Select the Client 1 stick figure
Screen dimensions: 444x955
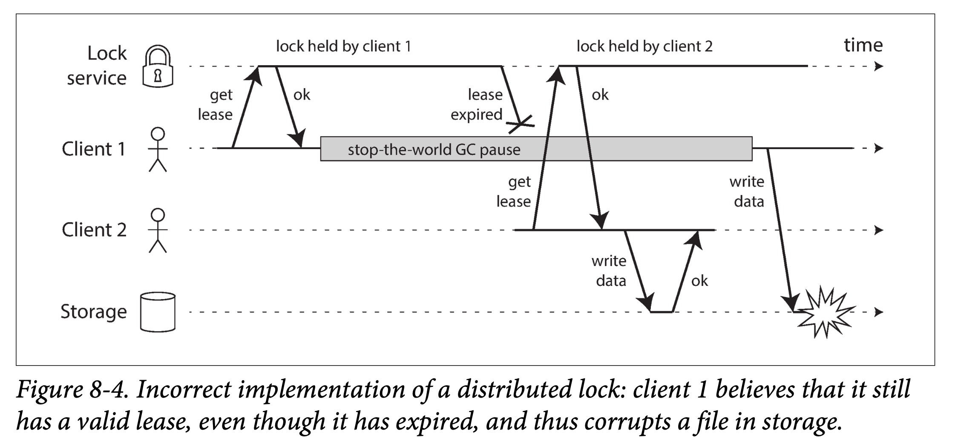click(158, 149)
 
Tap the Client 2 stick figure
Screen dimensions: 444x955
click(158, 231)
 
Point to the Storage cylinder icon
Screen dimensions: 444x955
click(158, 311)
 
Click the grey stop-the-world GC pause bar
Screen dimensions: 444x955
click(536, 149)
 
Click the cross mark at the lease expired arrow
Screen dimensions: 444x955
click(521, 124)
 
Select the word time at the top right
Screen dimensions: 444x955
click(863, 45)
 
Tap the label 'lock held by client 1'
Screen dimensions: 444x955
click(343, 46)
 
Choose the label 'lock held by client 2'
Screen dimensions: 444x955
click(644, 46)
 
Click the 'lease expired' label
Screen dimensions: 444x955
click(477, 104)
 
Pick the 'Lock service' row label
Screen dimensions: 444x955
click(97, 66)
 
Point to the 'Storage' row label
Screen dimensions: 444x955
click(94, 311)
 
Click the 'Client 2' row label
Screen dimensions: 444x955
click(94, 230)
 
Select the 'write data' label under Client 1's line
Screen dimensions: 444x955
click(747, 191)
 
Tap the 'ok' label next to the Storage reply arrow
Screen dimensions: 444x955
click(699, 281)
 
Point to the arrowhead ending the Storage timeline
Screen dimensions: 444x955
click(878, 312)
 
